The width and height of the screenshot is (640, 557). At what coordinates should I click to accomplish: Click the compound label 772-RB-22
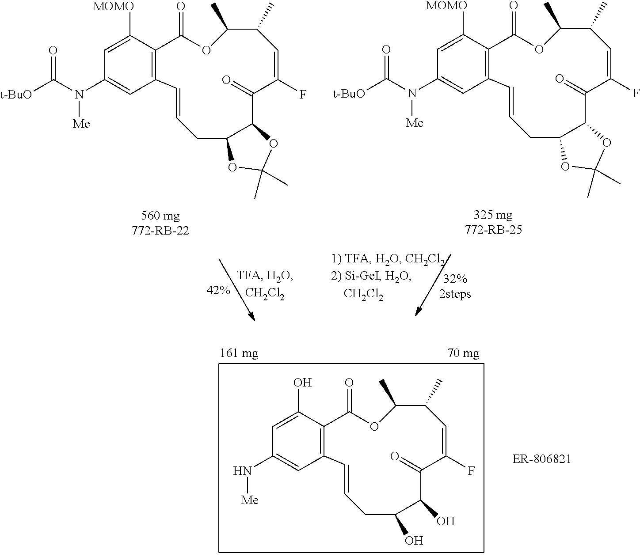[160, 230]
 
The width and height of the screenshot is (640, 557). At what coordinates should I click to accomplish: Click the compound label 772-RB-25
[493, 230]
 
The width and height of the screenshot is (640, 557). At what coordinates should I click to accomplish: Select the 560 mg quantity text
[160, 216]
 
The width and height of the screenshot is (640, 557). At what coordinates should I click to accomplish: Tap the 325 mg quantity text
[493, 216]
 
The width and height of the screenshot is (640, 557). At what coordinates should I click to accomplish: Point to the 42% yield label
[217, 290]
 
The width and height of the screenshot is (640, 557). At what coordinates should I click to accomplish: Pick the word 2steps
[455, 294]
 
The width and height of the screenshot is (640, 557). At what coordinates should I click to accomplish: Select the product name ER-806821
[541, 459]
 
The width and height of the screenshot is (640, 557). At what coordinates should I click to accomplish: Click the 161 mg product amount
[239, 353]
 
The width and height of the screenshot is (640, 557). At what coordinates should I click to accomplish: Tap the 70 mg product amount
[463, 353]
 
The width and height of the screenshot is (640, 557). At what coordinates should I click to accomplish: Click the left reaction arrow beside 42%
[236, 290]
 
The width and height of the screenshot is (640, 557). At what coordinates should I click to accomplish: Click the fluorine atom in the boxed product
[471, 471]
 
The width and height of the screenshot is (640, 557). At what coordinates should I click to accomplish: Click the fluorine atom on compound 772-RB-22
[303, 95]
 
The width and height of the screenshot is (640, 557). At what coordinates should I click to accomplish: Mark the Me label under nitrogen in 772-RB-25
[414, 122]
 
